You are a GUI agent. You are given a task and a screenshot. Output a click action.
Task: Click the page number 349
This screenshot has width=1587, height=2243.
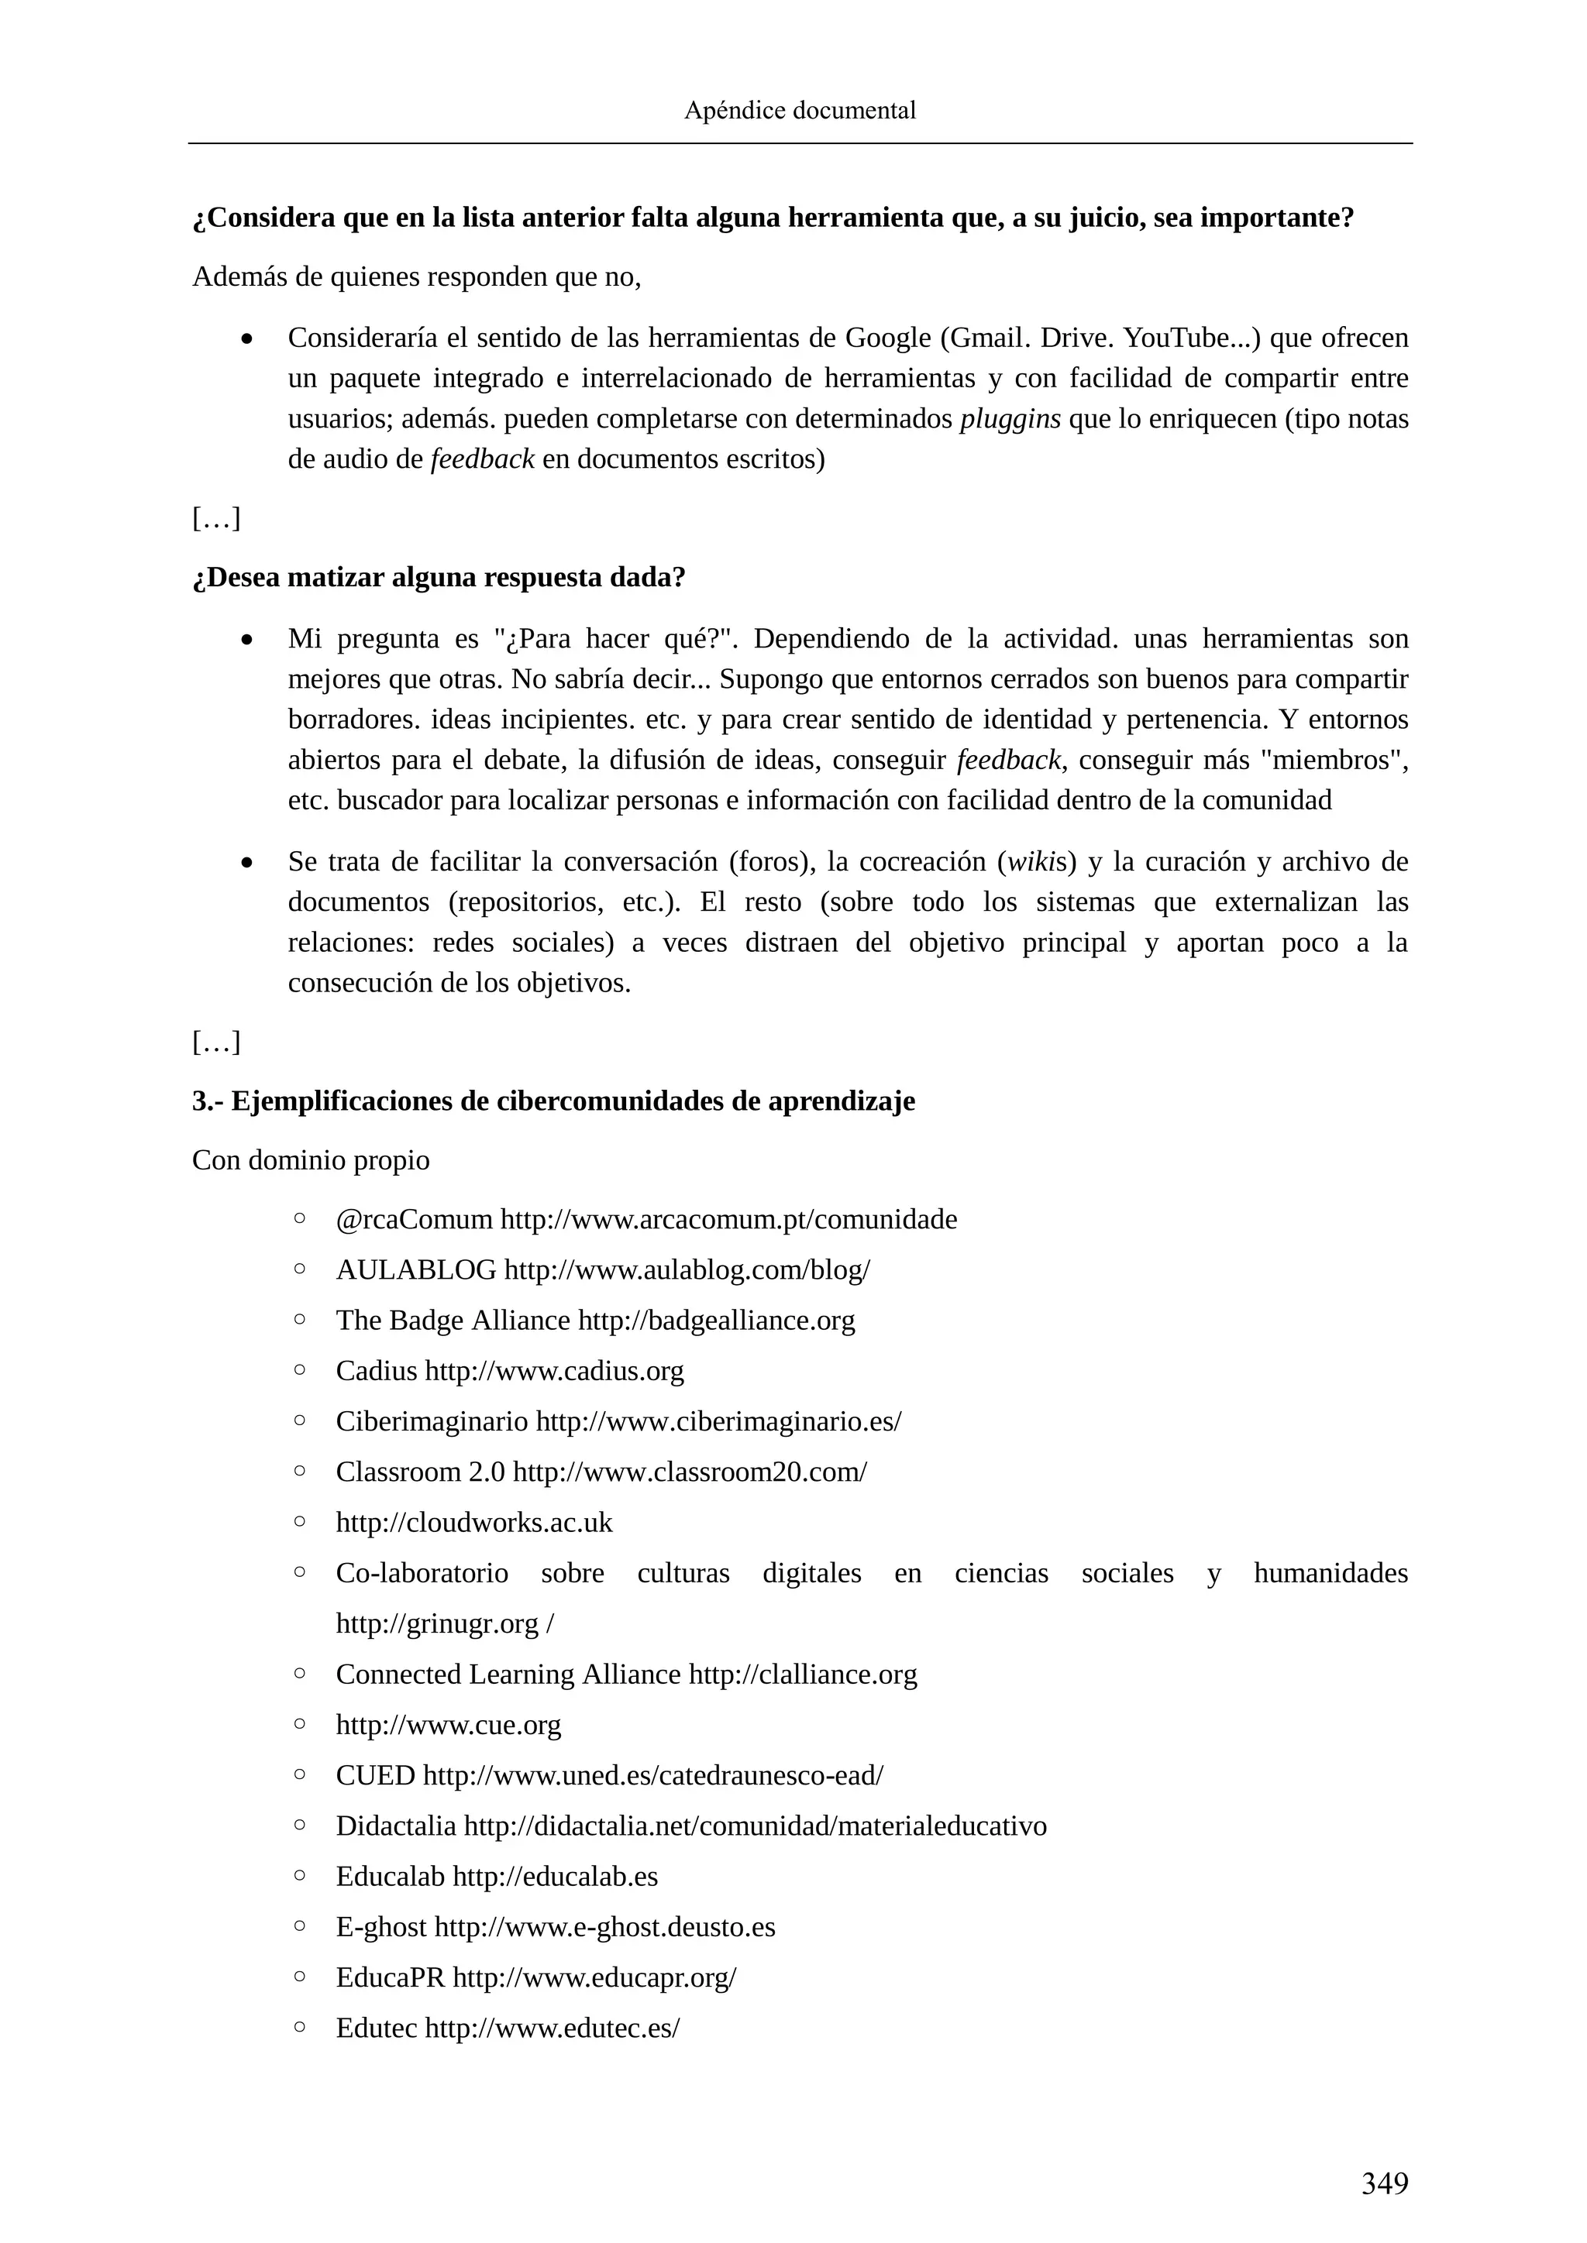(1385, 2183)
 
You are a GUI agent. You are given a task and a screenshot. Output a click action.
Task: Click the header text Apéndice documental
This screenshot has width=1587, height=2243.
(800, 111)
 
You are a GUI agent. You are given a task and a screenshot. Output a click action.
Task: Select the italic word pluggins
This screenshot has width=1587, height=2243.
(1010, 419)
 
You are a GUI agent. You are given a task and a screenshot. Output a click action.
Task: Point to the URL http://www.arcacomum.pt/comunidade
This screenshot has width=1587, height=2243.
(728, 1220)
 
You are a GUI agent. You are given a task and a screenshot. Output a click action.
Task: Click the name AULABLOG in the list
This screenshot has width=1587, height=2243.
(416, 1270)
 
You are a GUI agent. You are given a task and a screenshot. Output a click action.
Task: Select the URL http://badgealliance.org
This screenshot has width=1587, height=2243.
(716, 1321)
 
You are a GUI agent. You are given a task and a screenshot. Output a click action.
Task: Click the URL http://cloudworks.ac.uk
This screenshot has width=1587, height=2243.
(474, 1523)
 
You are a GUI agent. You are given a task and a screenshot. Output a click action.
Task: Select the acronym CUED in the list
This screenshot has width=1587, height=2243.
(375, 1776)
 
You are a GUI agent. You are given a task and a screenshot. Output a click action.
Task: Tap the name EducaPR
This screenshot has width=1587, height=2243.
(390, 1977)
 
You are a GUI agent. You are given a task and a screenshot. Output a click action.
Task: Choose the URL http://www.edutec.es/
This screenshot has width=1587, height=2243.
(553, 2028)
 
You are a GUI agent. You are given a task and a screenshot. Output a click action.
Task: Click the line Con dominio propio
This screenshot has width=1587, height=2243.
(311, 1160)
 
